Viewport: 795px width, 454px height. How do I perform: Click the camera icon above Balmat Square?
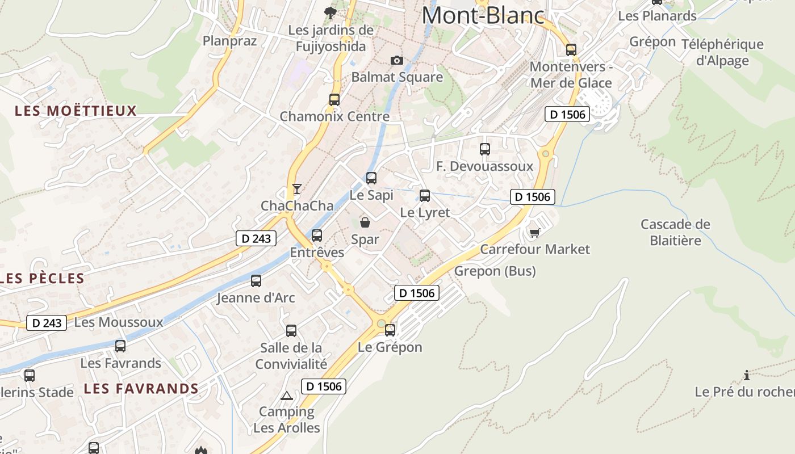(396, 60)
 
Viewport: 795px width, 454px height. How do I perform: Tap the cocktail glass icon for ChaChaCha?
(296, 188)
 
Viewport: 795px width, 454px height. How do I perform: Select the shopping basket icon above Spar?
(365, 222)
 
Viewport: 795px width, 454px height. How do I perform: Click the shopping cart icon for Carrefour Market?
(534, 233)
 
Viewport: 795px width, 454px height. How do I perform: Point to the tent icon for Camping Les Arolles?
(287, 395)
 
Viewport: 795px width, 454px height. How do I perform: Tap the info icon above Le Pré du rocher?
(746, 375)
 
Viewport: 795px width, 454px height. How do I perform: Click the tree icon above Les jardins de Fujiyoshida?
(329, 12)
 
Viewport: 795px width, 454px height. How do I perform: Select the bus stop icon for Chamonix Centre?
(334, 100)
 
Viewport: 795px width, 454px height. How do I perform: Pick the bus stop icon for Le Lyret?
(425, 196)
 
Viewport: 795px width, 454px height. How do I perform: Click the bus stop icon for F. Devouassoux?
(485, 149)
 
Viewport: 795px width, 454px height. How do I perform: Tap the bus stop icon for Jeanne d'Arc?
(256, 280)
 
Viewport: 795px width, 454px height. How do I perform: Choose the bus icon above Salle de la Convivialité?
(291, 330)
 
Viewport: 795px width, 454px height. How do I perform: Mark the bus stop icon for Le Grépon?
(390, 330)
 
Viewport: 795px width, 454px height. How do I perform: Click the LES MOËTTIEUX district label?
(76, 111)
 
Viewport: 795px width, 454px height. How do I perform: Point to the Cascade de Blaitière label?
(675, 232)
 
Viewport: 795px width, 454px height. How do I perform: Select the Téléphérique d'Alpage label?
(722, 52)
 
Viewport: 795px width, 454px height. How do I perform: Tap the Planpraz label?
(230, 41)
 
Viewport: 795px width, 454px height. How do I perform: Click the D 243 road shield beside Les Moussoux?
(47, 323)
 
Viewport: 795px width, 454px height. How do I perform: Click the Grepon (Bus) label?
(495, 271)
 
